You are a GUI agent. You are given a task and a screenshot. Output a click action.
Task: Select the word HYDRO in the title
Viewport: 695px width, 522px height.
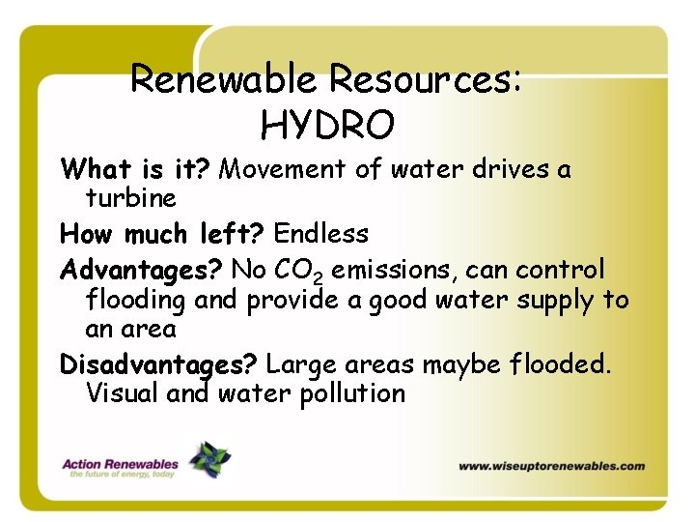(327, 124)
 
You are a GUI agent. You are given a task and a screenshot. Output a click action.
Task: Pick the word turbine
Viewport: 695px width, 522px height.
(131, 199)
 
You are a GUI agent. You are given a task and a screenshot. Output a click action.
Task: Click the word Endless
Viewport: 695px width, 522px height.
(321, 234)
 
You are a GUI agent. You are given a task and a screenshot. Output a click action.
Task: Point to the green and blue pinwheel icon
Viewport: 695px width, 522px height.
(209, 459)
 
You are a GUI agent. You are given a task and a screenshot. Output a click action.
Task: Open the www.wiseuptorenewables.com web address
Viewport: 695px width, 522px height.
(551, 466)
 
